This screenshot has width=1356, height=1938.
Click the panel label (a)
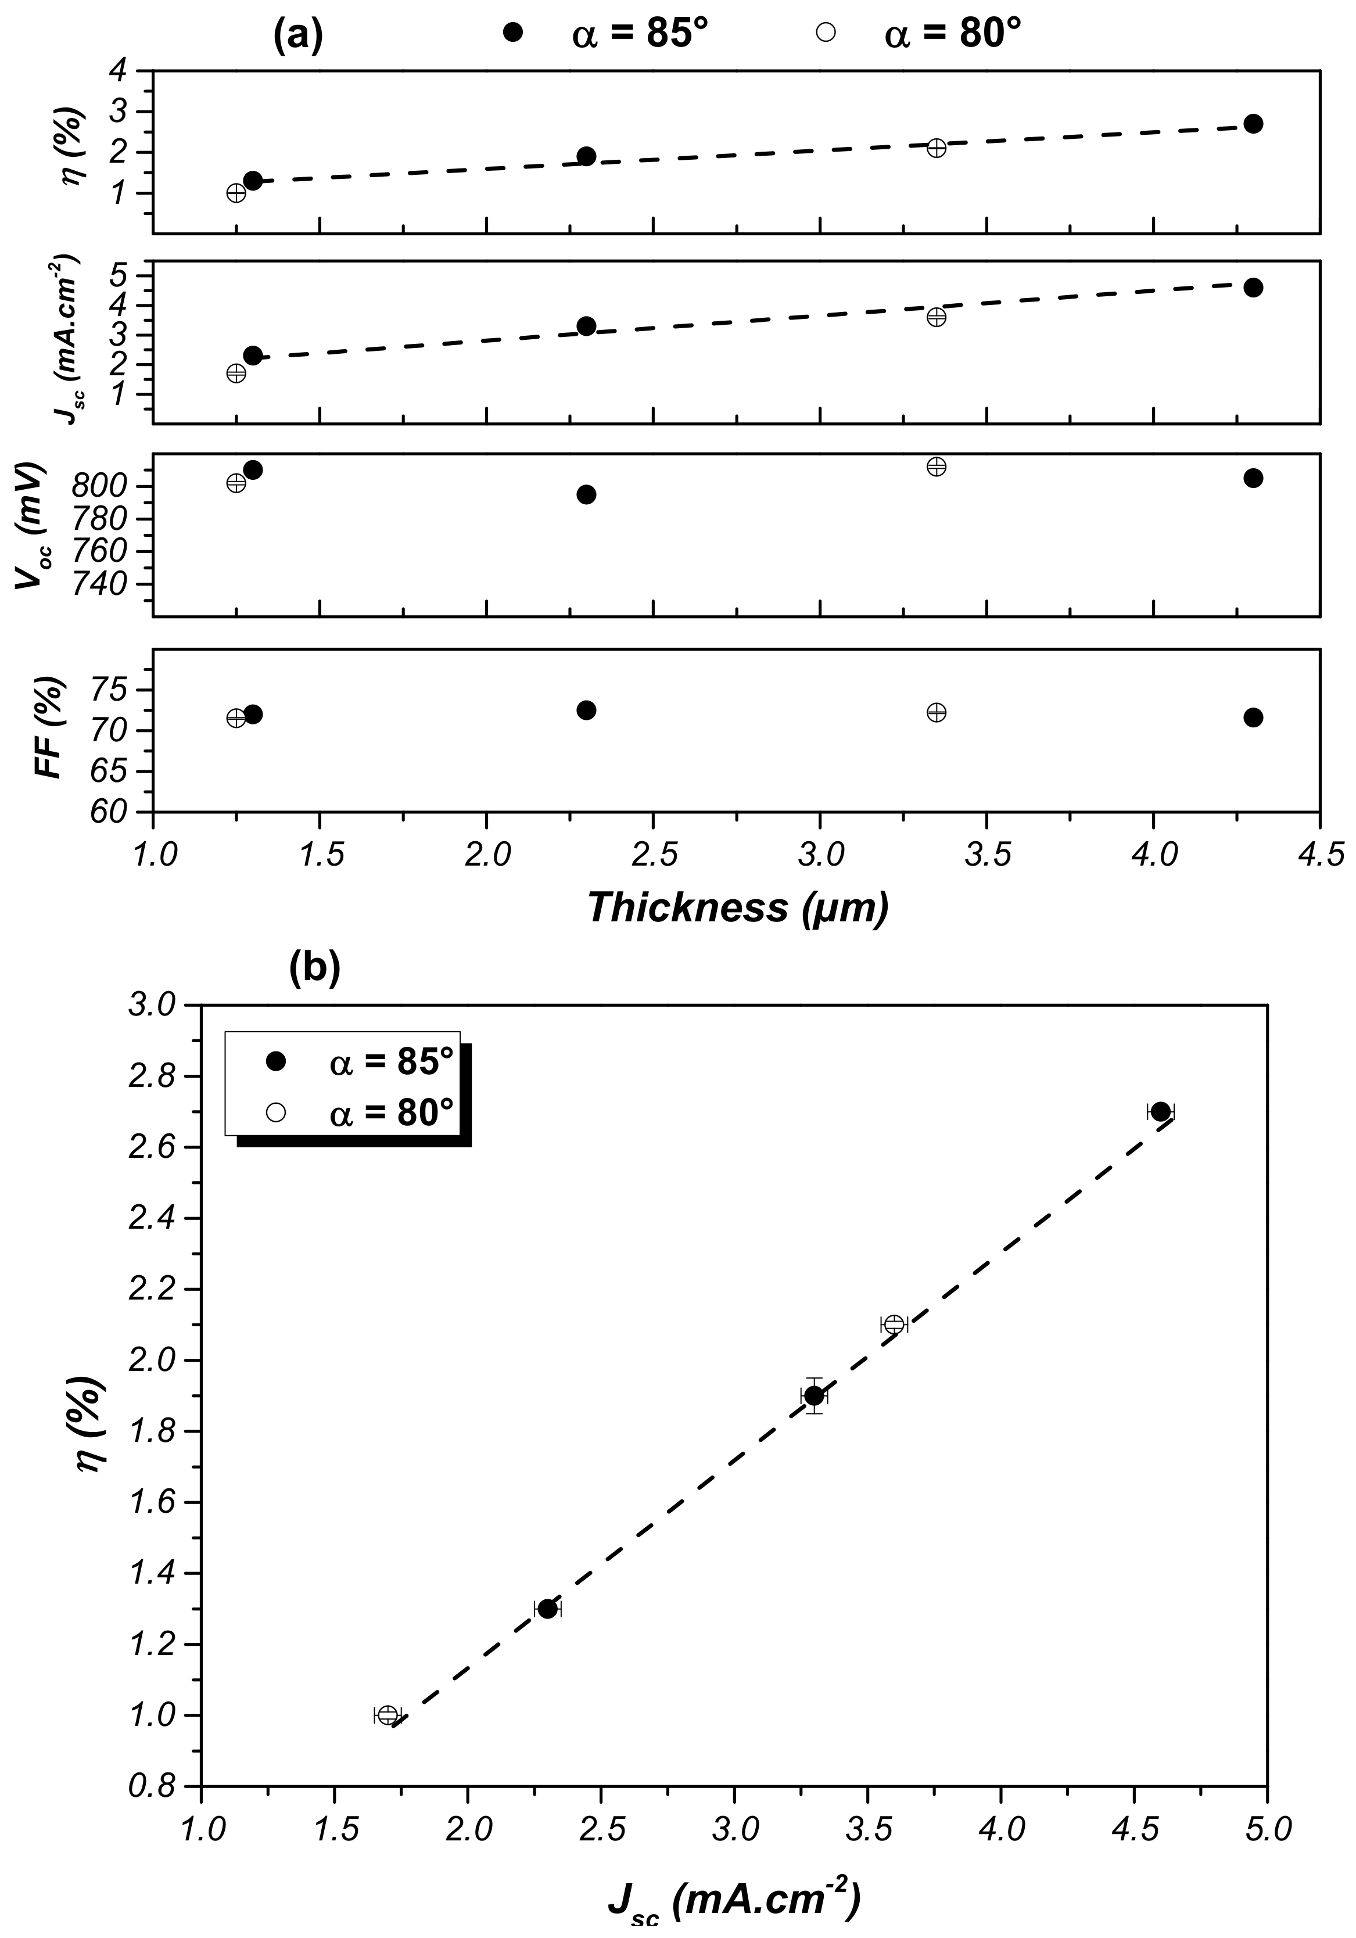pyautogui.click(x=298, y=35)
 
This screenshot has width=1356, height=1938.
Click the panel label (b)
pyautogui.click(x=314, y=969)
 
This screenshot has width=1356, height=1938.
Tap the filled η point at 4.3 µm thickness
pyautogui.click(x=1253, y=123)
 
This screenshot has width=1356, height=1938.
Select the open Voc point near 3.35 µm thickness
pyautogui.click(x=935, y=466)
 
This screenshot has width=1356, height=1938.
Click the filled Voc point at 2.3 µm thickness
pyautogui.click(x=586, y=494)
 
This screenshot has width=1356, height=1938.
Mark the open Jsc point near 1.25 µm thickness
pyautogui.click(x=236, y=373)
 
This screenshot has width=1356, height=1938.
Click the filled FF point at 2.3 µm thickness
pyautogui.click(x=586, y=710)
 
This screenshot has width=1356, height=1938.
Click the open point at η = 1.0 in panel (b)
pyautogui.click(x=388, y=1715)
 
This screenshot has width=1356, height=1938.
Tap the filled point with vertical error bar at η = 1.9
pyautogui.click(x=814, y=1395)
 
